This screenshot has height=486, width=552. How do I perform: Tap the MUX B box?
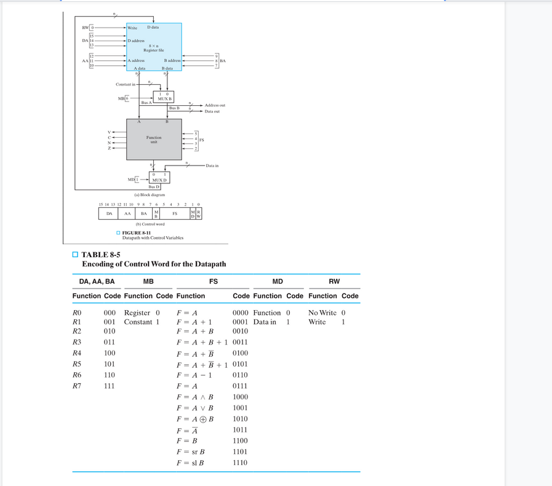point(164,97)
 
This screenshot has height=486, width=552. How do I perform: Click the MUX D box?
point(159,177)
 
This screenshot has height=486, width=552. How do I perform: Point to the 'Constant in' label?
point(126,84)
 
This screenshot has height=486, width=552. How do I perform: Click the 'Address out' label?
point(215,105)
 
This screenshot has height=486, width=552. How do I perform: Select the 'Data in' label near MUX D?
point(212,165)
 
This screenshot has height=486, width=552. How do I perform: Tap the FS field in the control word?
point(175,213)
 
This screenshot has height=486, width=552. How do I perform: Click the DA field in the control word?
point(109,213)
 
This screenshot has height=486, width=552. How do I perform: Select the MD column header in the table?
point(278,281)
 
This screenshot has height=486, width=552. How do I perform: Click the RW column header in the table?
point(334,281)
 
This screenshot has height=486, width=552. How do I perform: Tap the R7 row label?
point(77,386)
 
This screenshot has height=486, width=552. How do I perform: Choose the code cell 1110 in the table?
point(240,463)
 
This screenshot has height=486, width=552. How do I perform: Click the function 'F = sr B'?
point(190,452)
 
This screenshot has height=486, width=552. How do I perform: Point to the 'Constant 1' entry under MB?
point(142,322)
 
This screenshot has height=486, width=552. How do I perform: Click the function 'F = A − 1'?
point(194,375)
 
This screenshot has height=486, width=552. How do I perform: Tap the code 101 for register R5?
point(109,364)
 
